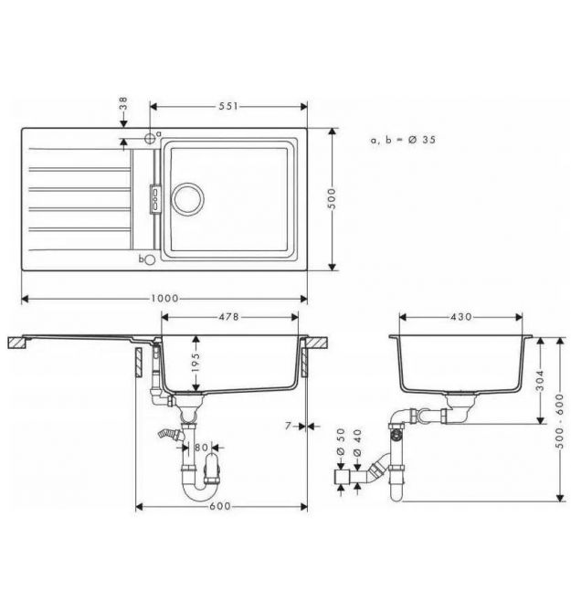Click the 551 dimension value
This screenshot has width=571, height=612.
228,106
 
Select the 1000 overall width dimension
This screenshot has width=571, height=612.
164,299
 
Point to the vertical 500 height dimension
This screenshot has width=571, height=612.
332,198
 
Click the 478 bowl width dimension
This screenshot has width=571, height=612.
228,317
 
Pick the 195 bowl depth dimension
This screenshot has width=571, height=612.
196,362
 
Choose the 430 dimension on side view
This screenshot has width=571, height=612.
461,317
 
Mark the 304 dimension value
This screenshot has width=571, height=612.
540,381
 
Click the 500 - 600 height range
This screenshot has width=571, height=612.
560,421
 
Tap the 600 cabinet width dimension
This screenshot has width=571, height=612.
220,506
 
